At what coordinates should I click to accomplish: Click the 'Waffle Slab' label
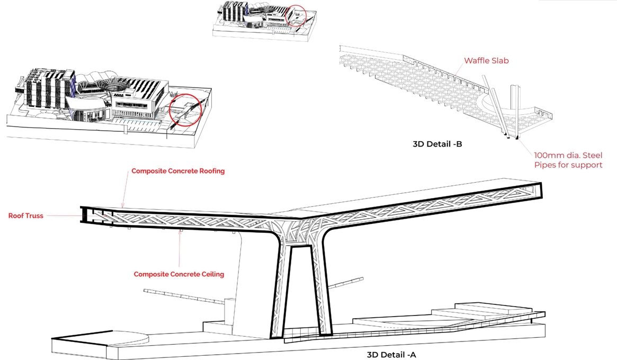click(x=486, y=60)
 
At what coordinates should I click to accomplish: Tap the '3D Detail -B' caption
click(x=437, y=144)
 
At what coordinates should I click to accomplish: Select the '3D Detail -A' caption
click(x=391, y=355)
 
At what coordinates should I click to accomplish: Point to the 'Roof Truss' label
click(x=25, y=215)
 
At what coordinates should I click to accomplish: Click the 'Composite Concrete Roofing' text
click(x=178, y=171)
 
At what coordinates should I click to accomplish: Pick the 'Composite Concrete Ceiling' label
click(x=178, y=274)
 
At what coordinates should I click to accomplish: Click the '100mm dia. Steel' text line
click(x=568, y=156)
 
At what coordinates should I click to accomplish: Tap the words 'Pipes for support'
click(x=568, y=165)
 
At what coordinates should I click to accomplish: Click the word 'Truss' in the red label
click(x=34, y=215)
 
